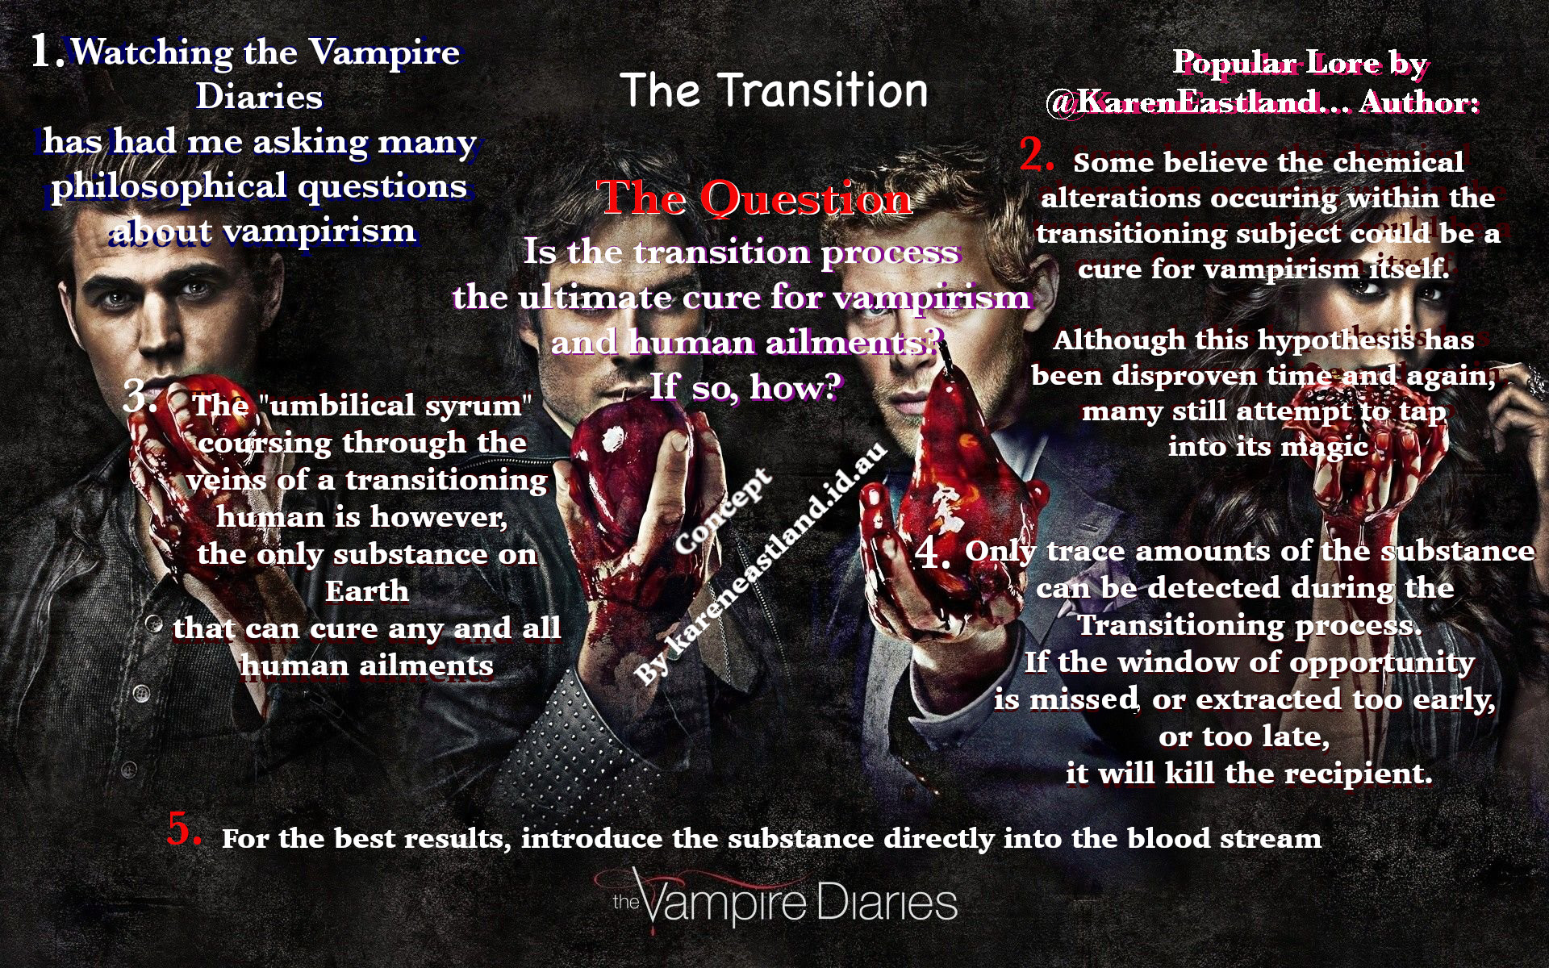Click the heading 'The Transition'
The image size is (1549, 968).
(774, 90)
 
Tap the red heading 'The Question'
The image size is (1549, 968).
(754, 198)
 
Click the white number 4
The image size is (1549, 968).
(933, 553)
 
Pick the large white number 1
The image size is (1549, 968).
(47, 51)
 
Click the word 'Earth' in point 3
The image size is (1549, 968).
(367, 591)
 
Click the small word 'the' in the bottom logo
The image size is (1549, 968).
(626, 901)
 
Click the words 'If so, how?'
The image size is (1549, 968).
(746, 387)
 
